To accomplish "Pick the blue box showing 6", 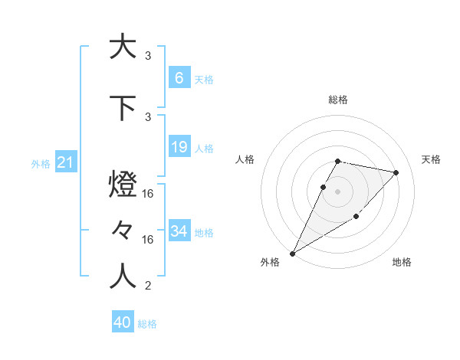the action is click(179, 77).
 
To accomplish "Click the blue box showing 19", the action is click(179, 147).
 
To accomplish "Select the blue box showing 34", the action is click(179, 231).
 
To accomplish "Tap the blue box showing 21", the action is click(66, 162).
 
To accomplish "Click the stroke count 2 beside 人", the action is click(148, 286).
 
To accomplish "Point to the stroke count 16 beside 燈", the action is click(149, 195).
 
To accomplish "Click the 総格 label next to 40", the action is click(147, 324).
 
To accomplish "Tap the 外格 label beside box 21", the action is click(41, 163).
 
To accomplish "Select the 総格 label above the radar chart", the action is click(337, 100).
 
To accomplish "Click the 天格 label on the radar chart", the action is click(431, 159).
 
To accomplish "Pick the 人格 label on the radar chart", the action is click(245, 159).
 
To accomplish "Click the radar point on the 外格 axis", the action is click(292, 253).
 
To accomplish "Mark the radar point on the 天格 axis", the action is click(396, 172).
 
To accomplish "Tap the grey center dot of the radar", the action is click(337, 191).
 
